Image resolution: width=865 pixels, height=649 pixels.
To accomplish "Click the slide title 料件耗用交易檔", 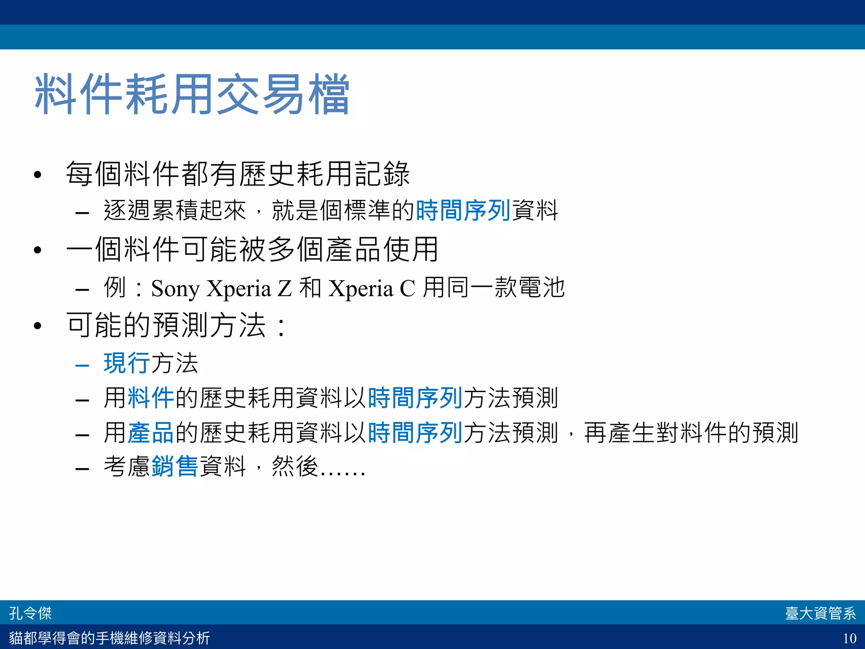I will (192, 94).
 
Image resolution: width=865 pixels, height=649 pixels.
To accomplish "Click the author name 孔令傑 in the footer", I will (30, 613).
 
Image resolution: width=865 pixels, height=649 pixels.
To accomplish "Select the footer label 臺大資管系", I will (820, 613).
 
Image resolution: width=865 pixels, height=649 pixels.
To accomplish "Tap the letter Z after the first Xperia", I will (285, 289).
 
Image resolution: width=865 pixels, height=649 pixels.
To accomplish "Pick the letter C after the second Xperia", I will (407, 289).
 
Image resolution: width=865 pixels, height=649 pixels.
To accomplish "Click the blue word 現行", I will (127, 363).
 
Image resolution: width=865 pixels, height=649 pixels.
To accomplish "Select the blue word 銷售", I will (174, 466).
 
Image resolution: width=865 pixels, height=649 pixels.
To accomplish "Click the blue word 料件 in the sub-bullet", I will (151, 398).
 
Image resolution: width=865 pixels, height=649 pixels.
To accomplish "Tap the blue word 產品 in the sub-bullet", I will (151, 433).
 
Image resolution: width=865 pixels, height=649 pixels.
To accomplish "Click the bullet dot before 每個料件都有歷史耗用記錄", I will (38, 175).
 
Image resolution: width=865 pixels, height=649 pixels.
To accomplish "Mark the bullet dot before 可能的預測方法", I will (38, 326).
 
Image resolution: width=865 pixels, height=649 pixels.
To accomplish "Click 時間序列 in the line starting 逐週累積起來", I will (463, 210).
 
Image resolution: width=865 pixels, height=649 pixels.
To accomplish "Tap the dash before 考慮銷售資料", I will (82, 469).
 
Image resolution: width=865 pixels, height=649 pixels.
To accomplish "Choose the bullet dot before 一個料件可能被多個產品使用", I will (38, 250).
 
